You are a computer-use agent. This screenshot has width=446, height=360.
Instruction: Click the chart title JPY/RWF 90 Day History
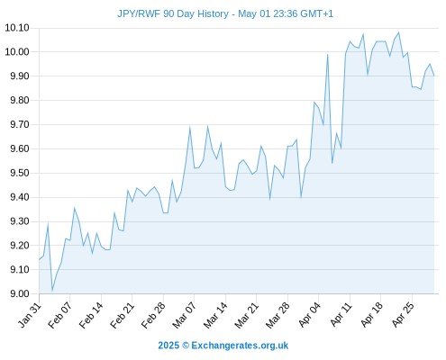pyautogui.click(x=173, y=13)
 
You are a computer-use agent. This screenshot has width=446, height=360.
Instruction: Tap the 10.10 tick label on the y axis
pyautogui.click(x=17, y=28)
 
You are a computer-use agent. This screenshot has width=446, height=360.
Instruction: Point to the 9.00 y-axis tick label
pyautogui.click(x=20, y=293)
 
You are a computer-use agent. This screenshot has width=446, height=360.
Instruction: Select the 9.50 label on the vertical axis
pyautogui.click(x=20, y=173)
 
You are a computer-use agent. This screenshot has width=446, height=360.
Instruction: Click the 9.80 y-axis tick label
pyautogui.click(x=20, y=100)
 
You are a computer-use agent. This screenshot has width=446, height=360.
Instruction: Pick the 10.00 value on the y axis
pyautogui.click(x=17, y=52)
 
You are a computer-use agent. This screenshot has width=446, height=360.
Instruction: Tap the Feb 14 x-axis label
pyautogui.click(x=91, y=315)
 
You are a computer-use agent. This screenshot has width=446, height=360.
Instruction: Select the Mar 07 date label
pyautogui.click(x=184, y=315)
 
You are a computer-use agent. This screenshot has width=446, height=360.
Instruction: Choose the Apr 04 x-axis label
pyautogui.click(x=309, y=315)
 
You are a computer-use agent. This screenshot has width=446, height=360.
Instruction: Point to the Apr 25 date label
pyautogui.click(x=403, y=315)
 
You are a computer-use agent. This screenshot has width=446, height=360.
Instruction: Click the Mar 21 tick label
pyautogui.click(x=246, y=315)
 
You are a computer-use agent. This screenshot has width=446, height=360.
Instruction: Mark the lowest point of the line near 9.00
pyautogui.click(x=52, y=291)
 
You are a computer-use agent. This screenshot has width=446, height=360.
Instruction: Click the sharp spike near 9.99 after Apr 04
pyautogui.click(x=327, y=54)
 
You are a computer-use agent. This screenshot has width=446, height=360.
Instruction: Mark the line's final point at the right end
pyautogui.click(x=434, y=76)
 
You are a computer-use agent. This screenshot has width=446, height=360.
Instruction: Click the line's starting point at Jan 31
pyautogui.click(x=39, y=260)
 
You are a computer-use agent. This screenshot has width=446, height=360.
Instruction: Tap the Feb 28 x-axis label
pyautogui.click(x=153, y=315)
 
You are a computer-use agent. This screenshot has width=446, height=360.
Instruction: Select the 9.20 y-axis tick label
pyautogui.click(x=20, y=246)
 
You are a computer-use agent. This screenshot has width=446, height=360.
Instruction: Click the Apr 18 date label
pyautogui.click(x=372, y=315)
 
